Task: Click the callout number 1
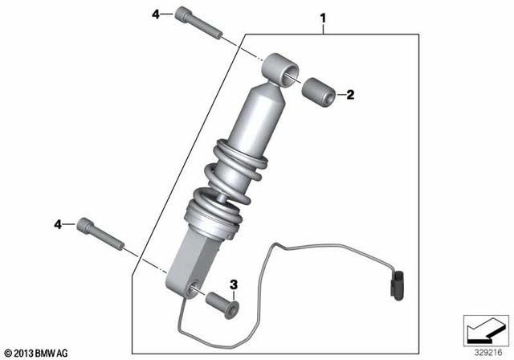pyautogui.click(x=324, y=16)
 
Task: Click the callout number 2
pyautogui.click(x=350, y=95)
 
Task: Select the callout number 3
pyautogui.click(x=234, y=284)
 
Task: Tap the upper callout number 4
pyautogui.click(x=157, y=14)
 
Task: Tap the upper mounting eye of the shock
pyautogui.click(x=280, y=67)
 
